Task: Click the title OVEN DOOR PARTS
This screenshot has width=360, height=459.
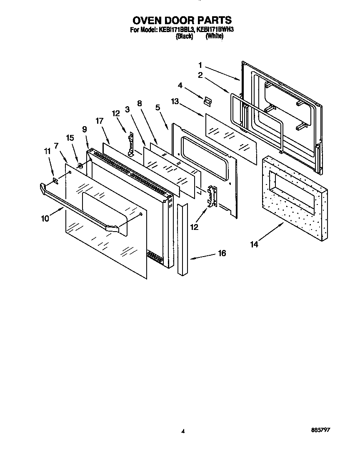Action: coord(182,20)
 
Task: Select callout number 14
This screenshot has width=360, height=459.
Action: coord(254,244)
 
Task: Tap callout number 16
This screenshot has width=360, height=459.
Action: coord(222,253)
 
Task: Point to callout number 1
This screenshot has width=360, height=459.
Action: coord(200,65)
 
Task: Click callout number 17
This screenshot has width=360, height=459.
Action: coord(99,121)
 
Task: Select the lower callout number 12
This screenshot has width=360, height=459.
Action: coord(195,227)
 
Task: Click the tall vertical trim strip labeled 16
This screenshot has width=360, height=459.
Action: coord(183,239)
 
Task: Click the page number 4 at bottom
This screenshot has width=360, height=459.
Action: coord(183,432)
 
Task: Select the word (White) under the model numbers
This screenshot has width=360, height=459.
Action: coord(215,36)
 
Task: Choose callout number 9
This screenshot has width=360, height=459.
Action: coord(85,130)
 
